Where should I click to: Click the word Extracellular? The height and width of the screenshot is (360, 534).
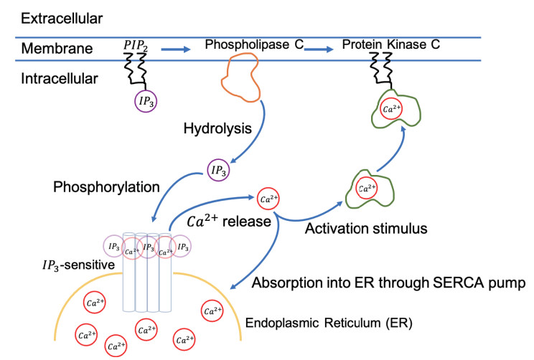[x=62, y=19]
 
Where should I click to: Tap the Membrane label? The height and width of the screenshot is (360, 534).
[x=57, y=48]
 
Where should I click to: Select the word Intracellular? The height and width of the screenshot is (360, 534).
[x=60, y=79]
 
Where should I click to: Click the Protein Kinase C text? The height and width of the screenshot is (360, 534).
[x=391, y=44]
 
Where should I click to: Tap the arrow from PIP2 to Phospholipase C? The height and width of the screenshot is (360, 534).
[x=175, y=49]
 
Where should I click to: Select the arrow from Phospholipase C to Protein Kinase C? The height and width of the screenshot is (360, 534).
[x=319, y=49]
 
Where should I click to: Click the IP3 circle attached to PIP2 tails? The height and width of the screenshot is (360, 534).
[x=146, y=101]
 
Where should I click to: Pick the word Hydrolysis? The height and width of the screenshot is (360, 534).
[x=217, y=128]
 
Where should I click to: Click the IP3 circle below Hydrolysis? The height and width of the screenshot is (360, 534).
[x=219, y=170]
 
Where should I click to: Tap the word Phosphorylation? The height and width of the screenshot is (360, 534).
[x=106, y=187]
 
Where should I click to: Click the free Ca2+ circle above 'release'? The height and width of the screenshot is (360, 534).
[x=268, y=199]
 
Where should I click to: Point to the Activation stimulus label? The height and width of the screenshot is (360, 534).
[x=366, y=228]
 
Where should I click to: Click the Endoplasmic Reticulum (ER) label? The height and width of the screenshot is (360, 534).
[x=329, y=323]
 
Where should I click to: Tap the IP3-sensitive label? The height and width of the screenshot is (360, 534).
[x=79, y=265]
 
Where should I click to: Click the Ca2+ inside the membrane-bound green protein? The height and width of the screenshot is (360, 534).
[x=391, y=109]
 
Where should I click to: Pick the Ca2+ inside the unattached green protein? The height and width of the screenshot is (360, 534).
[x=367, y=188]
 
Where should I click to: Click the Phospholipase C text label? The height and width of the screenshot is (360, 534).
[x=254, y=44]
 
